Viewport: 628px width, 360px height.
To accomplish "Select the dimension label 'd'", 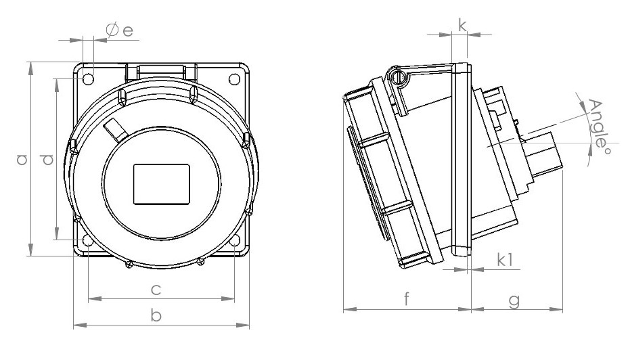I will pos(46,160).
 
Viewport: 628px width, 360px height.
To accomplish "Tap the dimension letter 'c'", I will pos(155,290).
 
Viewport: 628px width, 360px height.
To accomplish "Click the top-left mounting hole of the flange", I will pos(87,79).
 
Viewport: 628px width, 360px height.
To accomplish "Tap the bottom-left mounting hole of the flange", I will pos(87,240).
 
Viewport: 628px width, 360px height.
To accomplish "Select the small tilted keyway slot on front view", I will pos(114,129).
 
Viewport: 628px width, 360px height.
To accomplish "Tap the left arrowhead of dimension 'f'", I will pos(346,311).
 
